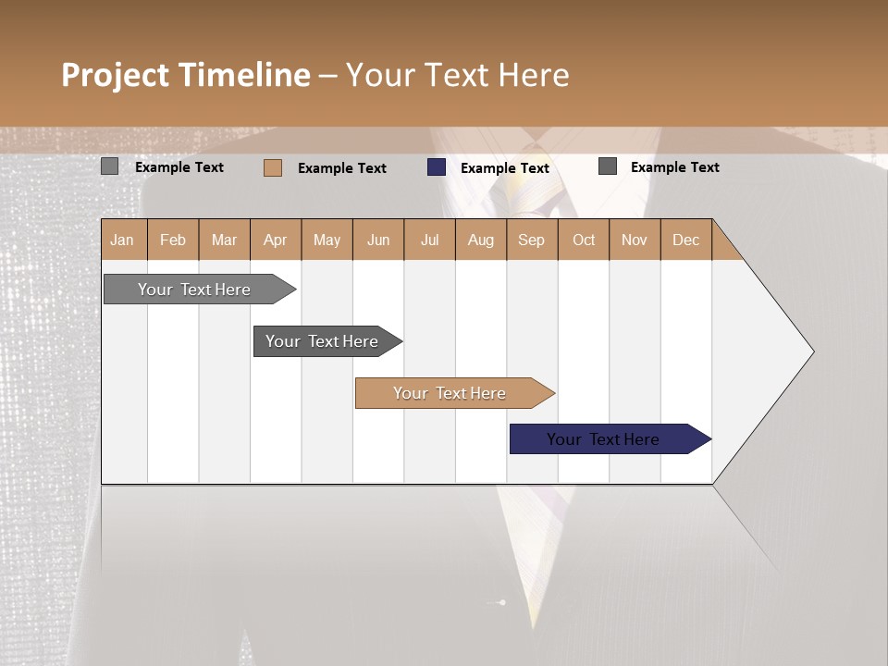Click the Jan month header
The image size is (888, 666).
(x=122, y=240)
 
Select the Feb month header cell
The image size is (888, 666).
(x=173, y=240)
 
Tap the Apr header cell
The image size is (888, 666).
(x=276, y=240)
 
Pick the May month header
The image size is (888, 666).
(x=327, y=240)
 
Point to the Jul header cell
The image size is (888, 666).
(x=429, y=240)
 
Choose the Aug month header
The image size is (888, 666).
(x=481, y=240)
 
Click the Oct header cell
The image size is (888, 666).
(x=584, y=240)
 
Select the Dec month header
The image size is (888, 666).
(x=685, y=240)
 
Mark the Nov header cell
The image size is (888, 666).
(x=635, y=240)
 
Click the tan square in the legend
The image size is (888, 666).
(x=273, y=167)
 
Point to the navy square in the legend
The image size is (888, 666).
(x=437, y=167)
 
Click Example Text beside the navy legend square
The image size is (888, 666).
(x=505, y=168)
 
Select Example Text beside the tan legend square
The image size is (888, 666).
(x=342, y=168)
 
